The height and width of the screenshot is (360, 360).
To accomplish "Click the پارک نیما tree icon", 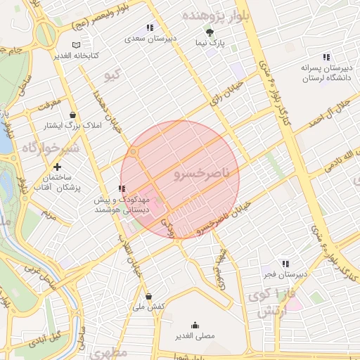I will pyautogui.click(x=209, y=32).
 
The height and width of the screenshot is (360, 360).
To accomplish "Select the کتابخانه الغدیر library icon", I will pyautogui.click(x=67, y=44).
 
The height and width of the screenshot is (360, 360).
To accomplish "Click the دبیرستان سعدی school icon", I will pyautogui.click(x=149, y=27).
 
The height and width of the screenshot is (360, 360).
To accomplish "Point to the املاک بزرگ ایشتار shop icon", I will pyautogui.click(x=73, y=115).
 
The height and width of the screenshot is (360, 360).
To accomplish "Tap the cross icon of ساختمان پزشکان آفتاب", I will pyautogui.click(x=58, y=167).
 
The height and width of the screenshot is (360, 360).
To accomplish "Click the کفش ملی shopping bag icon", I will pyautogui.click(x=148, y=295).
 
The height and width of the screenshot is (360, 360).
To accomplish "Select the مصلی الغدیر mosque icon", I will pyautogui.click(x=195, y=326).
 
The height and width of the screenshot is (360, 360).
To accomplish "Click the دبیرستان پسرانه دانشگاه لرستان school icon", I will pyautogui.click(x=326, y=57).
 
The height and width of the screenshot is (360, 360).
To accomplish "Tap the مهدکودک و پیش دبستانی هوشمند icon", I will pyautogui.click(x=122, y=188).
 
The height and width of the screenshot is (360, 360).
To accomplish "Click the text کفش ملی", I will pyautogui.click(x=148, y=307).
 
